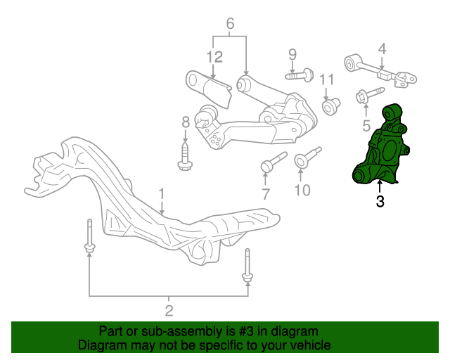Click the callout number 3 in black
[380, 201]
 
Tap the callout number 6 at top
[230, 23]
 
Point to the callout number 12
[214, 57]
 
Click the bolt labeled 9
[300, 75]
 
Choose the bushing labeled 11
[331, 106]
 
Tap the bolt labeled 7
[274, 162]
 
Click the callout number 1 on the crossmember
[162, 194]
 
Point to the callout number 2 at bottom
[169, 311]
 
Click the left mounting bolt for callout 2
[90, 236]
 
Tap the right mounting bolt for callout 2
[247, 266]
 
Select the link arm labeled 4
[380, 70]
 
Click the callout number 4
[382, 49]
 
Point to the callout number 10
[302, 190]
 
